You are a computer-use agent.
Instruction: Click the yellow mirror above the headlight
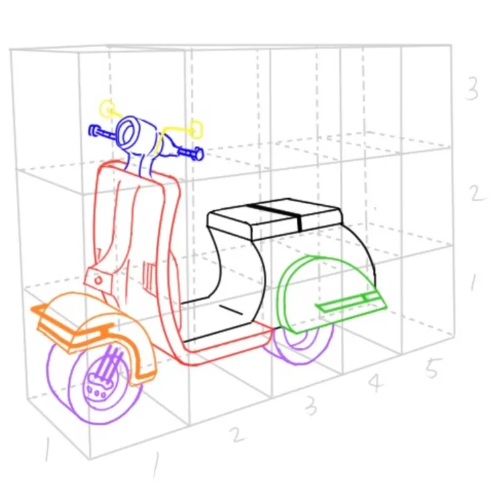coord(107,107)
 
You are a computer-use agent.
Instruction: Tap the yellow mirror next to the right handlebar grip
coord(197,129)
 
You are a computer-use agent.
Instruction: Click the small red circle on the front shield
coord(99,280)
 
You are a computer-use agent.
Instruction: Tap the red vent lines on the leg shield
coord(148,277)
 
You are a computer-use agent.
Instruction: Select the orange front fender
coord(95,330)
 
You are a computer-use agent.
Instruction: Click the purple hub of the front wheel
coord(97,388)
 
